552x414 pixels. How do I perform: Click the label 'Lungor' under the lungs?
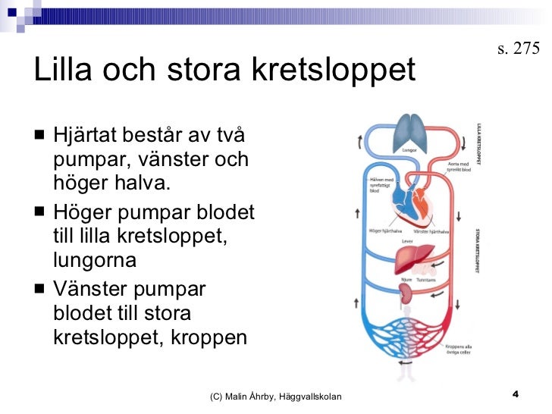click(410, 150)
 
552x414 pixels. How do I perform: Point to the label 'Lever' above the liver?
click(407, 242)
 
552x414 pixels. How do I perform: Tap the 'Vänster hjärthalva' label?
click(431, 231)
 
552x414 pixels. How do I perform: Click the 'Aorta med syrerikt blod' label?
click(459, 166)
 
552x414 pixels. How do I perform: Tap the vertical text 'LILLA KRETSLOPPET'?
click(478, 143)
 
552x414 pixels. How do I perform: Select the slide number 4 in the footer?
click(516, 394)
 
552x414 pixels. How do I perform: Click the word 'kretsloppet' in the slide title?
click(338, 71)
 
